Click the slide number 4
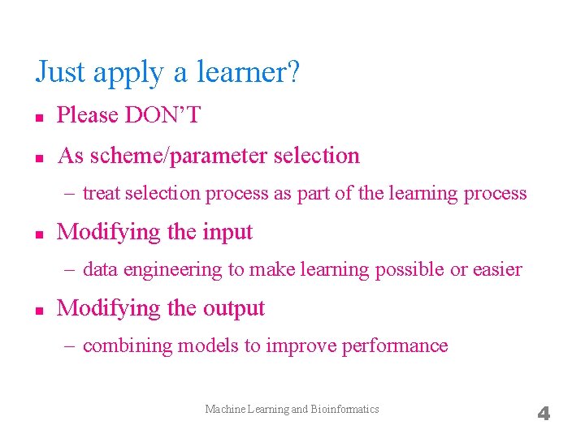544,414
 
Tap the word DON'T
162,116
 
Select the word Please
88,116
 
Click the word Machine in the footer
223,410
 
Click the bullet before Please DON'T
39,117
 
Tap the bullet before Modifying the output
39,309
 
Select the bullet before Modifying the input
39,233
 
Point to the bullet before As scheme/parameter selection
39,157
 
